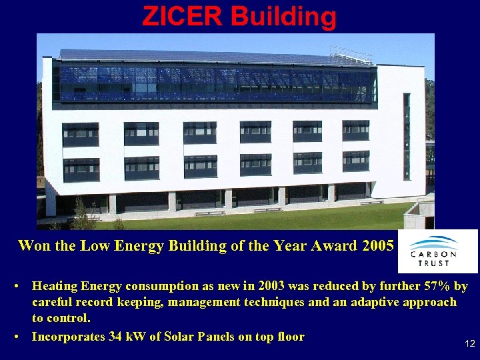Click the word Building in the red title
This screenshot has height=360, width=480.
tap(285, 16)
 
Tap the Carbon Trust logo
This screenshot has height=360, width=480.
tap(437, 251)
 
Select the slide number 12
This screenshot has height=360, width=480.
tap(469, 343)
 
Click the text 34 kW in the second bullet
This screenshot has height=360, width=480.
tap(124, 337)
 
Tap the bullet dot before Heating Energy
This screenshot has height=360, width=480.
tap(15, 287)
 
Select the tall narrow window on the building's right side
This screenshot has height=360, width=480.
tap(407, 137)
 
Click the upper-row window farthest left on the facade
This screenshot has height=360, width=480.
tap(81, 134)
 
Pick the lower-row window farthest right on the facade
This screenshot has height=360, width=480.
tap(356, 161)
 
